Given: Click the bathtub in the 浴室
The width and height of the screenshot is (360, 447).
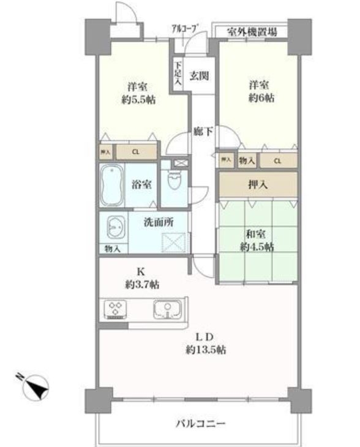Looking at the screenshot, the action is click(x=112, y=185).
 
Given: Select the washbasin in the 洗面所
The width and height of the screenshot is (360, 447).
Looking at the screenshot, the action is click(x=116, y=227).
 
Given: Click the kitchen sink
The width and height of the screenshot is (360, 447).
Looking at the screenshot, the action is click(x=167, y=309).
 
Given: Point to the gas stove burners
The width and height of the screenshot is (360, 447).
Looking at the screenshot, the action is click(x=116, y=309).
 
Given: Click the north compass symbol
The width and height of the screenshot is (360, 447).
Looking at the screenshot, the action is click(x=36, y=386).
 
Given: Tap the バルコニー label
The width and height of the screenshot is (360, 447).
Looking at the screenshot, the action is click(x=200, y=424).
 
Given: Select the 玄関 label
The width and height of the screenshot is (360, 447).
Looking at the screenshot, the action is click(x=199, y=76).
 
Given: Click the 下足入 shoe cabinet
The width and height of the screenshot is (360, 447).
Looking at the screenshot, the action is click(x=178, y=73).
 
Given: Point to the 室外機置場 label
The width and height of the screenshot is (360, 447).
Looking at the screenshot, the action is click(x=252, y=31).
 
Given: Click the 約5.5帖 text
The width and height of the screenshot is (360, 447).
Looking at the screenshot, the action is click(x=138, y=100).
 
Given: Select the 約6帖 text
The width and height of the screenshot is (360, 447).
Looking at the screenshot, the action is click(x=261, y=98).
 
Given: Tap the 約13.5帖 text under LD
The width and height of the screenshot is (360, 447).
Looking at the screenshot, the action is click(x=206, y=350).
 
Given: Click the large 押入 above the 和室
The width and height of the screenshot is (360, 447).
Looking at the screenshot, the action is click(x=258, y=184).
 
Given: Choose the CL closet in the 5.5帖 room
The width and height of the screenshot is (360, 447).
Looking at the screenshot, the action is click(x=137, y=152).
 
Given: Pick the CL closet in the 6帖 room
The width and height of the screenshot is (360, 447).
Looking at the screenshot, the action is click(x=279, y=160).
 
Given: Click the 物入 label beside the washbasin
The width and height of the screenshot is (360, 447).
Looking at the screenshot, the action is click(x=112, y=249).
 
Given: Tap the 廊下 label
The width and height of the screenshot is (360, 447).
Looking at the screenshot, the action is click(x=203, y=132).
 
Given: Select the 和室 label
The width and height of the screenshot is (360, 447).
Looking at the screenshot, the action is click(x=256, y=235).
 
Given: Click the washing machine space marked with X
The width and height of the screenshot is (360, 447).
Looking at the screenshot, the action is click(x=174, y=242).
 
